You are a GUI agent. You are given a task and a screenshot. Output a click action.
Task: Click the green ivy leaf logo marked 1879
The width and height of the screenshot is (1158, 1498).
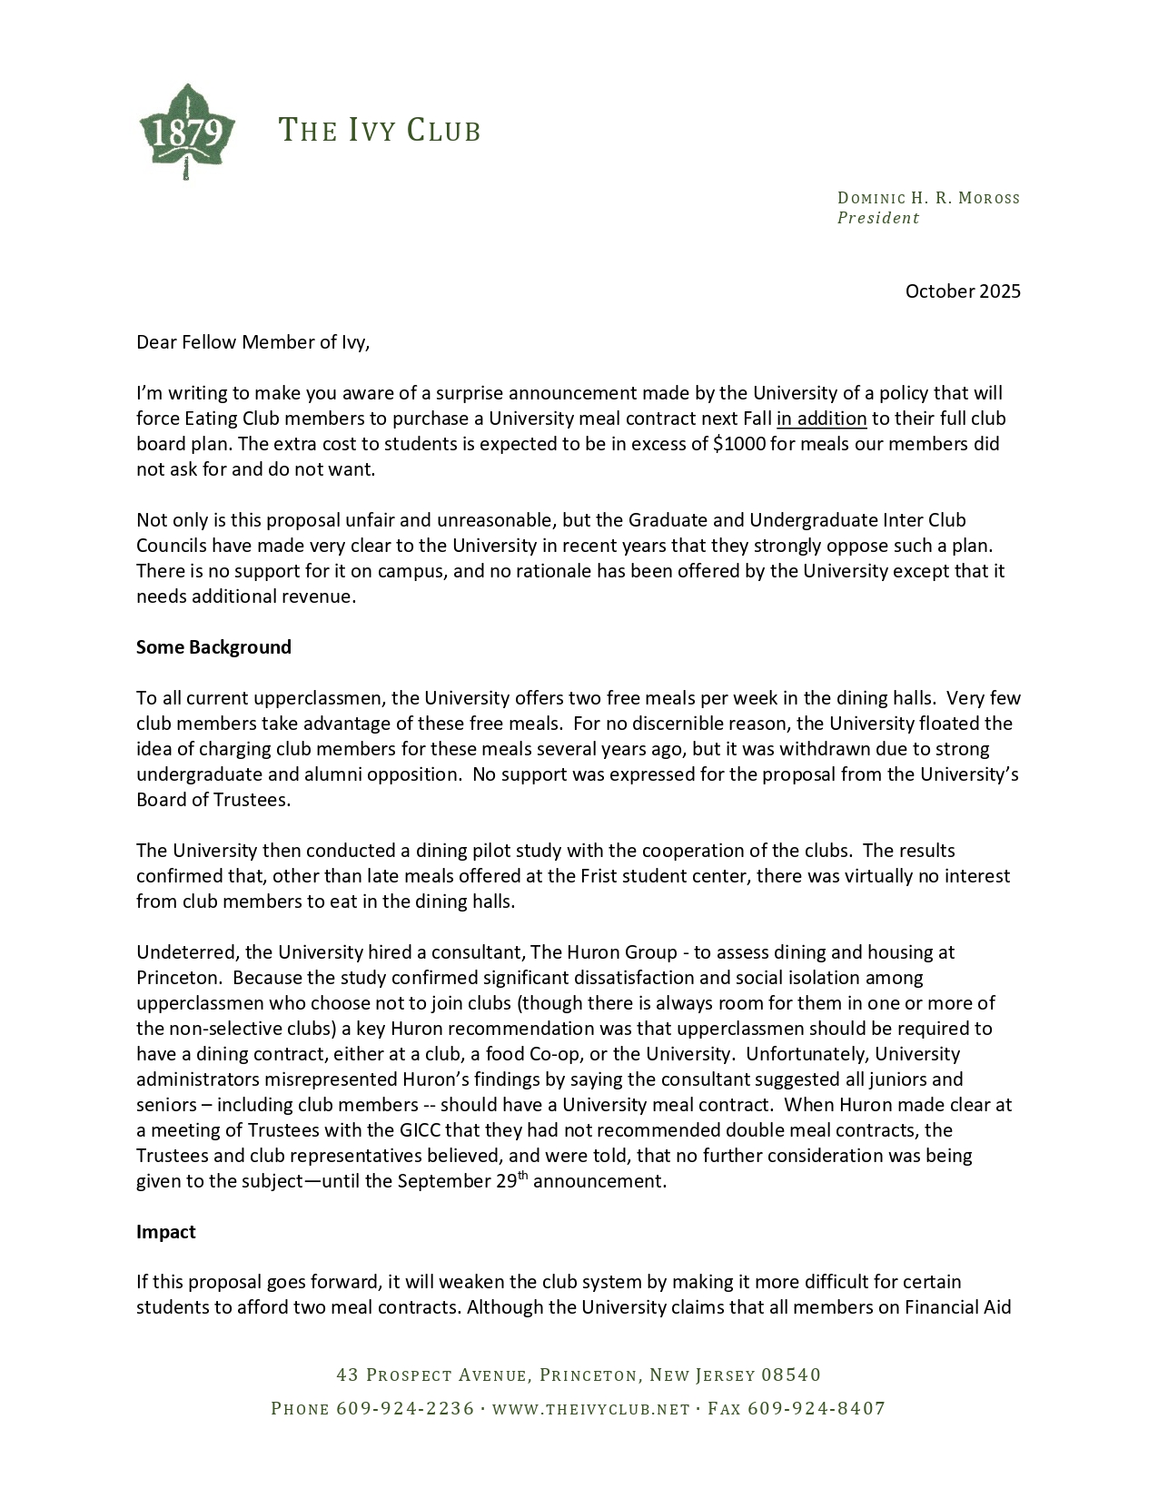click(x=187, y=132)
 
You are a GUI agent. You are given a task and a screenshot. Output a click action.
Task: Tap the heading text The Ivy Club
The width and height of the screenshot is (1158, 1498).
click(x=379, y=131)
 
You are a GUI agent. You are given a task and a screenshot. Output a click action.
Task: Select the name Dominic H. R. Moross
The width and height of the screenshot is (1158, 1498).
click(x=928, y=198)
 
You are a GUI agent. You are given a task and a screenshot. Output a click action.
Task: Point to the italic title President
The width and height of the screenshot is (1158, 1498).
click(x=877, y=218)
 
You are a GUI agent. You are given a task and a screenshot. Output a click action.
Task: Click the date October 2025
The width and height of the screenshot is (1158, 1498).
click(x=963, y=291)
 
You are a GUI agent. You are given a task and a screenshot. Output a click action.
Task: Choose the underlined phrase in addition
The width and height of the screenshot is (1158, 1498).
click(x=821, y=419)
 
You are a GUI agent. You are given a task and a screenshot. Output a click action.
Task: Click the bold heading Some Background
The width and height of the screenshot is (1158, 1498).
click(x=213, y=647)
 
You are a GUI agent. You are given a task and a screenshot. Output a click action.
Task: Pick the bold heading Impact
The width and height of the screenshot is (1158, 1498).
click(x=166, y=1232)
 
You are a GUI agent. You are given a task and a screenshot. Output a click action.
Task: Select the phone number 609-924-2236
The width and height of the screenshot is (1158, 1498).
click(x=405, y=1409)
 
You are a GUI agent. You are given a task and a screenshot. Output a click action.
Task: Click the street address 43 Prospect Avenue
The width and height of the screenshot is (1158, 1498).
click(x=431, y=1375)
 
